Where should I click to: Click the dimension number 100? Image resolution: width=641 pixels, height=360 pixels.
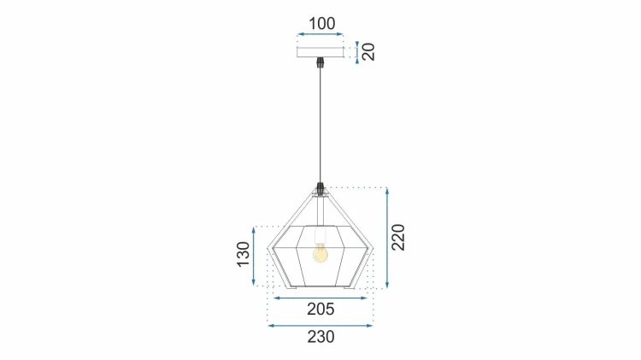tap(321, 24)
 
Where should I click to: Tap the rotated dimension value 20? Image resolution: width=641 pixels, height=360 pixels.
tap(368, 52)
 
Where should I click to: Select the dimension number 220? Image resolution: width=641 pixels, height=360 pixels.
tap(398, 237)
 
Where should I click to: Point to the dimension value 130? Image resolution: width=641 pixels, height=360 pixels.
tap(244, 254)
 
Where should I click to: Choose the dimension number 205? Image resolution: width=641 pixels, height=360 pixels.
tap(320, 310)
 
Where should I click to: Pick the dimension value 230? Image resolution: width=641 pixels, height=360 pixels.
tap(320, 337)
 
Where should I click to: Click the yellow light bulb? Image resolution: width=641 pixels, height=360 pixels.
tap(320, 253)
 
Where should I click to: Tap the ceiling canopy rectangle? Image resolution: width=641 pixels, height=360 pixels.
tap(320, 52)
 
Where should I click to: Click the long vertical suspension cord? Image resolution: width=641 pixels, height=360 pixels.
tap(320, 125)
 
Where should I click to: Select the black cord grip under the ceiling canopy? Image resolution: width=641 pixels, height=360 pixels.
tap(320, 62)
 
